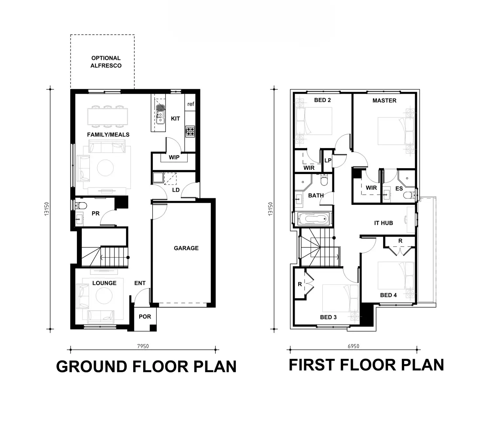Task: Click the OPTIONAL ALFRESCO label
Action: point(106,62)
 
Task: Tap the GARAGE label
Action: point(186,248)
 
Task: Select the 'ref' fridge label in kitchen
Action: point(191,104)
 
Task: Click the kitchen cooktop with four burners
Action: point(190,131)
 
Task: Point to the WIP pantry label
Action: point(174,157)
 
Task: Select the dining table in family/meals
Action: point(107,116)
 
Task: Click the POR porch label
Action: point(145,317)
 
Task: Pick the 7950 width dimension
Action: point(143,346)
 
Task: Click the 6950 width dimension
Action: point(353,346)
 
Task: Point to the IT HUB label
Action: point(383,223)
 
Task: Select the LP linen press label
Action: point(328,161)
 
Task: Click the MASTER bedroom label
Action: point(384,101)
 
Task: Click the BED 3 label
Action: point(328,317)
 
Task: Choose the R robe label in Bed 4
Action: point(400,241)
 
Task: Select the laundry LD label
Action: point(176,190)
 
